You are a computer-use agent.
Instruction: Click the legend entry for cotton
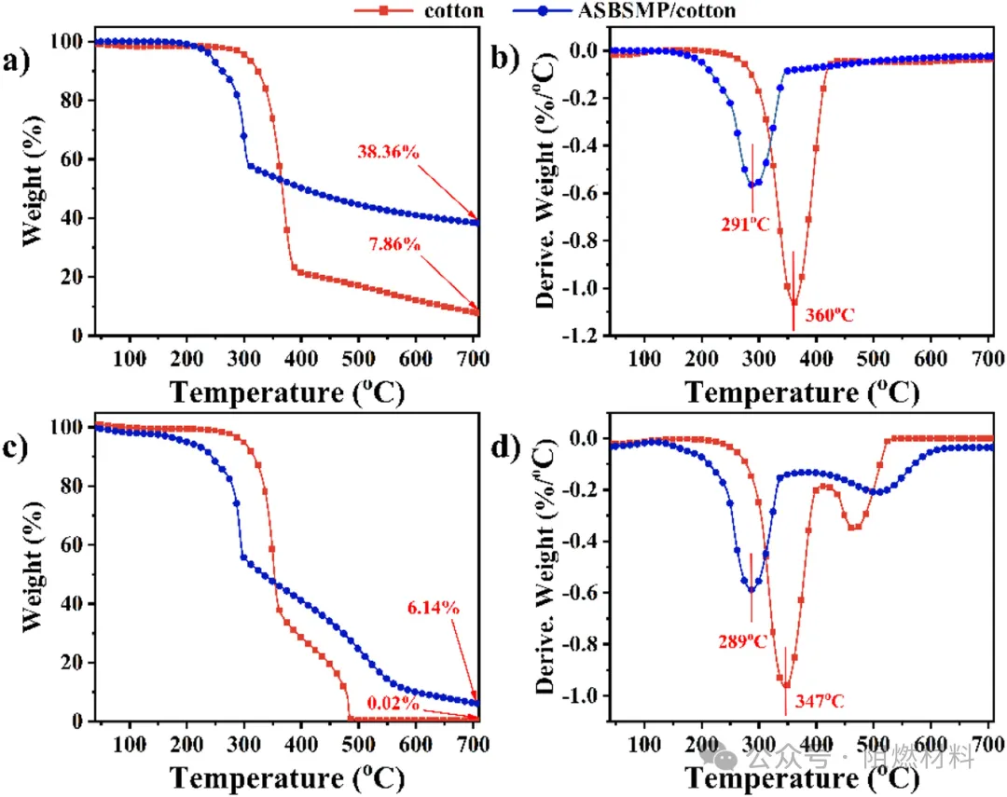click(x=453, y=11)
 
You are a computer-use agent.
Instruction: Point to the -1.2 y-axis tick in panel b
click(x=586, y=336)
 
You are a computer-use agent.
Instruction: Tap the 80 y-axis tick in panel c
click(x=74, y=487)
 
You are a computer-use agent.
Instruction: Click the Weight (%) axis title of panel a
click(x=33, y=188)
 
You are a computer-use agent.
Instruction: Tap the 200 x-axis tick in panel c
click(x=186, y=743)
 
